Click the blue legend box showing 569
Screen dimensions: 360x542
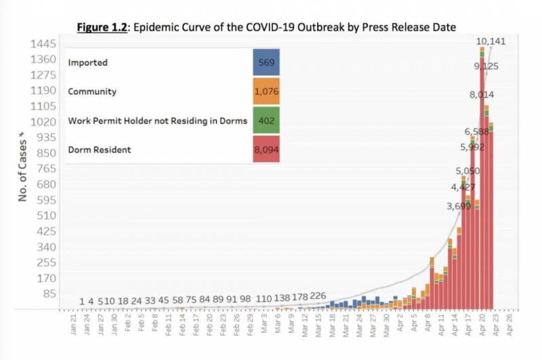click(x=266, y=62)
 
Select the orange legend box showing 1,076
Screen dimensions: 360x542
click(x=266, y=92)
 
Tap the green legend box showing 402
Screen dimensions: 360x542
click(x=266, y=121)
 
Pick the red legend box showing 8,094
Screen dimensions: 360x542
click(x=266, y=149)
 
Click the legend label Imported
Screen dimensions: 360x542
click(x=87, y=62)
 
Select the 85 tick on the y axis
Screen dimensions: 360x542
click(x=49, y=294)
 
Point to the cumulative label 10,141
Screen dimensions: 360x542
click(x=491, y=41)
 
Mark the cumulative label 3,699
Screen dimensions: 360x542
click(x=459, y=205)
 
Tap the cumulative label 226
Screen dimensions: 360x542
click(x=318, y=296)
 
